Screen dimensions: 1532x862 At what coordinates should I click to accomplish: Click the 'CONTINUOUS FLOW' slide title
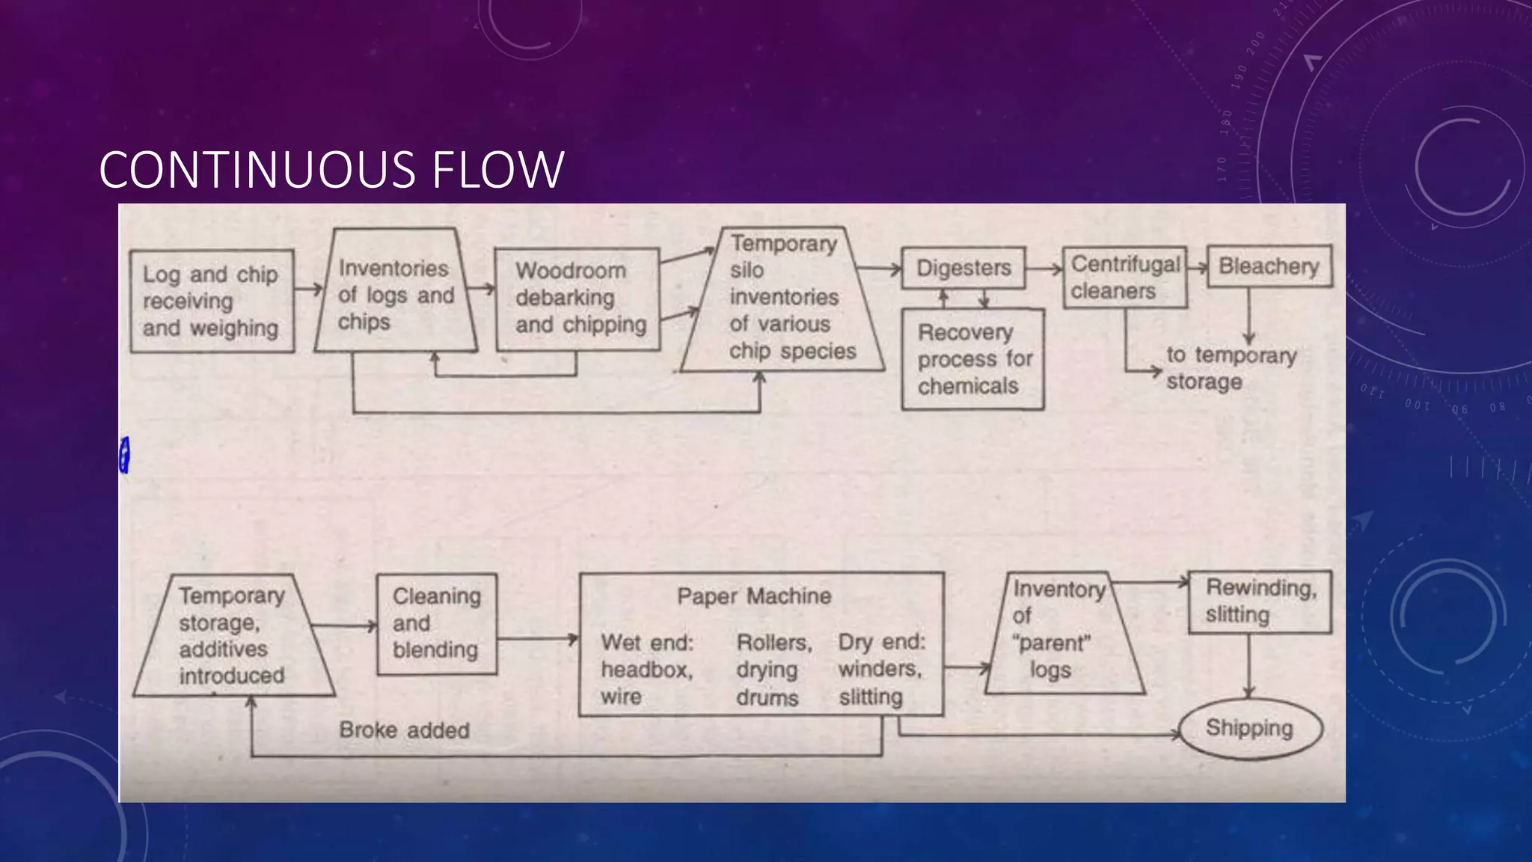tap(331, 170)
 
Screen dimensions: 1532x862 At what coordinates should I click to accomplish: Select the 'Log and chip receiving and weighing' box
tap(212, 301)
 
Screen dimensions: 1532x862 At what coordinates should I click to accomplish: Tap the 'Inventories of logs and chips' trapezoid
tap(396, 294)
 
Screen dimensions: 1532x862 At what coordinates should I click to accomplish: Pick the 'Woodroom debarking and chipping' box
tap(577, 299)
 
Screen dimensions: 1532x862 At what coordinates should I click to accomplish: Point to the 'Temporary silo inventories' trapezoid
tap(784, 298)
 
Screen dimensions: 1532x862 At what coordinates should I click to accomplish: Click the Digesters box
tap(963, 268)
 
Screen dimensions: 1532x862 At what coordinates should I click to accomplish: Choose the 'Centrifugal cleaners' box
tap(1124, 278)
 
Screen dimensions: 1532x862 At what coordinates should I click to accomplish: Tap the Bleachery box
tap(1269, 266)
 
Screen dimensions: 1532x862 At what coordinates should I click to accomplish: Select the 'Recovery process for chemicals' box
tap(972, 359)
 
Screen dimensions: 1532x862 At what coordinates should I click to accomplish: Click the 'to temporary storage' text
tap(1231, 367)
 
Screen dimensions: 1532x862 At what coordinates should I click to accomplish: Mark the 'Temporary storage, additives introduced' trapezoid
tap(233, 636)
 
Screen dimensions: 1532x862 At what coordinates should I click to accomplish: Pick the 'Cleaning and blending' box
tap(437, 624)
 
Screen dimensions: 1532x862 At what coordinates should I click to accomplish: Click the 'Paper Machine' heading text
tap(754, 596)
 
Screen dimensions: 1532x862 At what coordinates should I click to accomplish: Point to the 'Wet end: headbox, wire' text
tap(647, 669)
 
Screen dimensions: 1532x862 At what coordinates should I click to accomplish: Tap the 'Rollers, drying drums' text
tap(773, 670)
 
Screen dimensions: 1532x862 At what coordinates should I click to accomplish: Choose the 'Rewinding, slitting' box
tap(1260, 602)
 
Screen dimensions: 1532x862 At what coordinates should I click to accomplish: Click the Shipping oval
tap(1250, 728)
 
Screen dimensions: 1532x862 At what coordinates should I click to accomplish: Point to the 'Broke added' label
tap(404, 730)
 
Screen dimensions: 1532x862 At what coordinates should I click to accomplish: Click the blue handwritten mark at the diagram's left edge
tap(125, 455)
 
